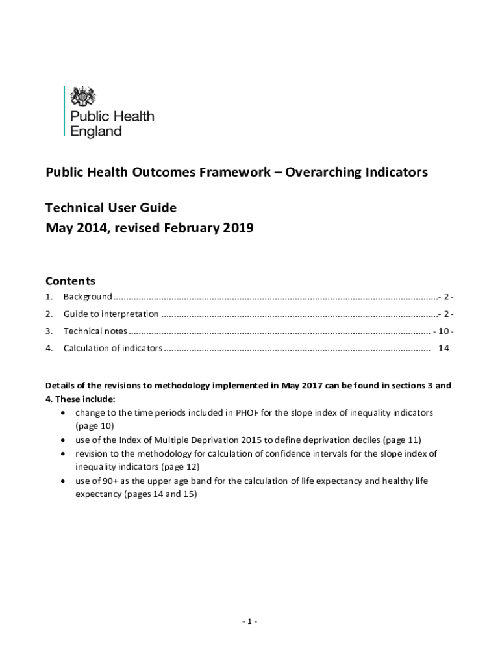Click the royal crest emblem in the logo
coord(82,97)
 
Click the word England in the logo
coord(95,131)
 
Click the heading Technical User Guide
coord(110,208)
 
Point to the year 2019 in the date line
coord(237,228)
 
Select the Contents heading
coord(70,281)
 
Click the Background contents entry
coord(88,297)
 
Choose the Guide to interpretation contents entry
coord(110,314)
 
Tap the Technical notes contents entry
coord(95,331)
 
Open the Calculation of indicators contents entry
coord(112,349)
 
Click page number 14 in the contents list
coord(443,349)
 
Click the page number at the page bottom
coord(249,621)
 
